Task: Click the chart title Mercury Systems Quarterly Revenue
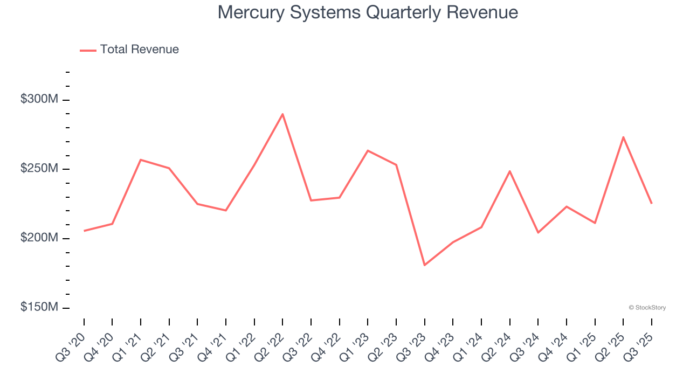pyautogui.click(x=368, y=12)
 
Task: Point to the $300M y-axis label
pyautogui.click(x=38, y=100)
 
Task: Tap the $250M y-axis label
pyautogui.click(x=38, y=169)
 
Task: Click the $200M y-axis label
pyautogui.click(x=38, y=238)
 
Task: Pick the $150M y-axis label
pyautogui.click(x=38, y=307)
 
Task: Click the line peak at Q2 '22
pyautogui.click(x=282, y=114)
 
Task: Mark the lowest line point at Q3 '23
pyautogui.click(x=425, y=265)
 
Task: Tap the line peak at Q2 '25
pyautogui.click(x=623, y=137)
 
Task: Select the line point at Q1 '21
pyautogui.click(x=141, y=160)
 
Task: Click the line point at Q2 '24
pyautogui.click(x=509, y=171)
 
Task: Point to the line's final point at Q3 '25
pyautogui.click(x=651, y=203)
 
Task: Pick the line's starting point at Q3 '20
pyautogui.click(x=84, y=231)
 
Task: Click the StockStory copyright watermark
pyautogui.click(x=647, y=308)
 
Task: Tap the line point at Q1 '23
pyautogui.click(x=368, y=150)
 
